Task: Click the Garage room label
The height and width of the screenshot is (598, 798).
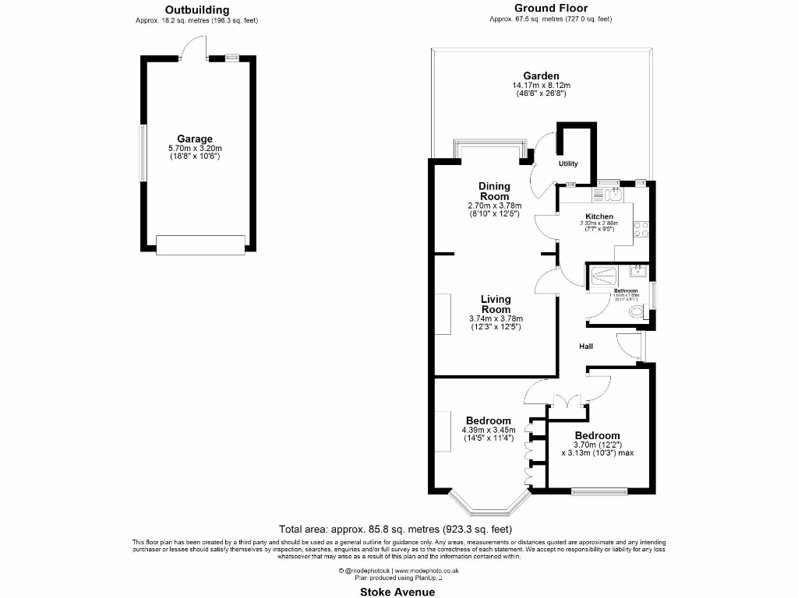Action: tap(196, 139)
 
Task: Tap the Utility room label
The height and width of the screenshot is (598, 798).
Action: tap(568, 164)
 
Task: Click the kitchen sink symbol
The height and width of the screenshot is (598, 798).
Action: tap(606, 192)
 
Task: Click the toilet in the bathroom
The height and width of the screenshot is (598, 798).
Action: tap(637, 313)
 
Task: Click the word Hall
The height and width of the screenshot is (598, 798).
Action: tap(587, 346)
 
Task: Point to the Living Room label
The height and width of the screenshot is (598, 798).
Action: tap(496, 304)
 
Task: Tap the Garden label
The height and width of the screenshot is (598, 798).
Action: tap(540, 76)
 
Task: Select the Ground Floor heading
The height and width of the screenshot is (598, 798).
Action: tap(550, 9)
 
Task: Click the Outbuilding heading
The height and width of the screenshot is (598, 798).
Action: tap(196, 10)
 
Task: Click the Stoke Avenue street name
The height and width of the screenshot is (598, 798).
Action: tap(398, 591)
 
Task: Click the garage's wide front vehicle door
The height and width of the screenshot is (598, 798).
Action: tap(196, 244)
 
